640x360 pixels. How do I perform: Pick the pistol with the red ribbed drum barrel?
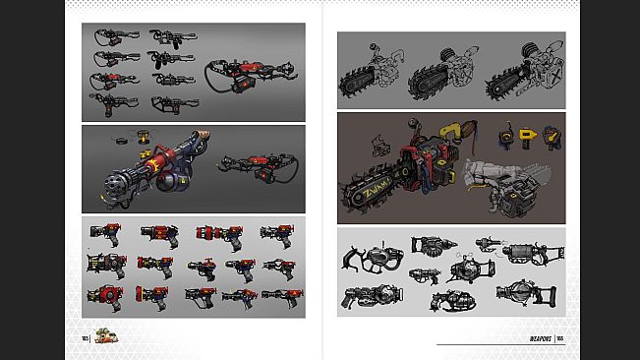coord(219,233)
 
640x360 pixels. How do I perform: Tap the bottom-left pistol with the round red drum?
coord(107,295)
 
